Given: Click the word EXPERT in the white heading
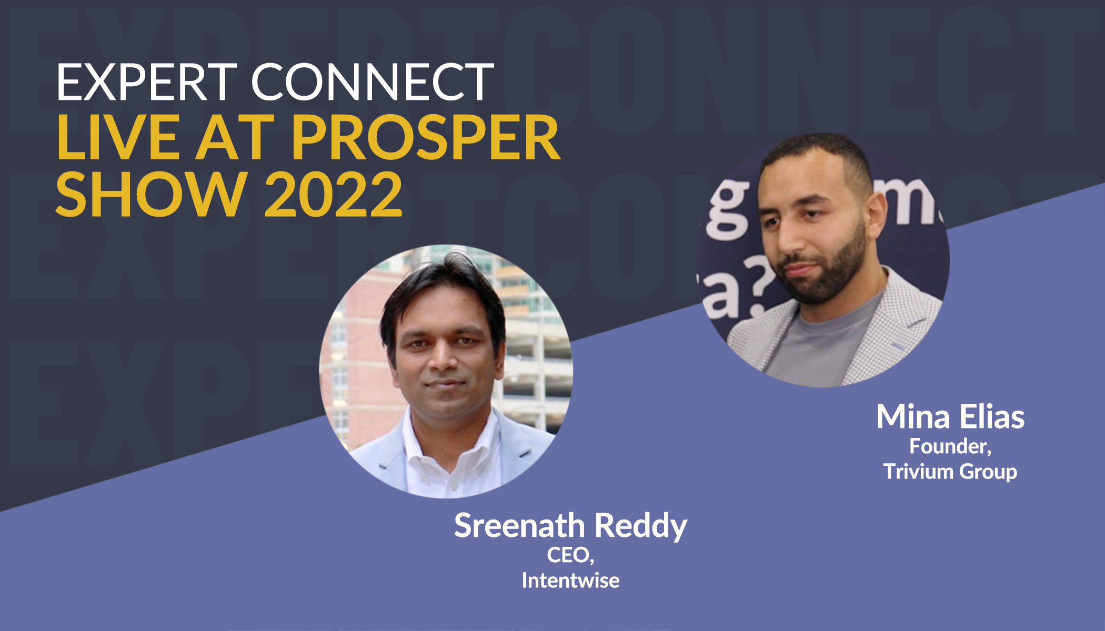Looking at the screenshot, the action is [x=147, y=82].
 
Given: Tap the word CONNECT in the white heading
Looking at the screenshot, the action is [x=373, y=82].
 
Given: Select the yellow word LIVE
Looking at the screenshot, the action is [x=118, y=137].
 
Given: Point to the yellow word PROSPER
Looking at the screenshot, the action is [x=426, y=137].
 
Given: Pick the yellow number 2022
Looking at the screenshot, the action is [x=334, y=194].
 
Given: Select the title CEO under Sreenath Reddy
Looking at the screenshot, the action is [x=570, y=555].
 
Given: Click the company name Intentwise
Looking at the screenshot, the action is [x=570, y=581].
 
